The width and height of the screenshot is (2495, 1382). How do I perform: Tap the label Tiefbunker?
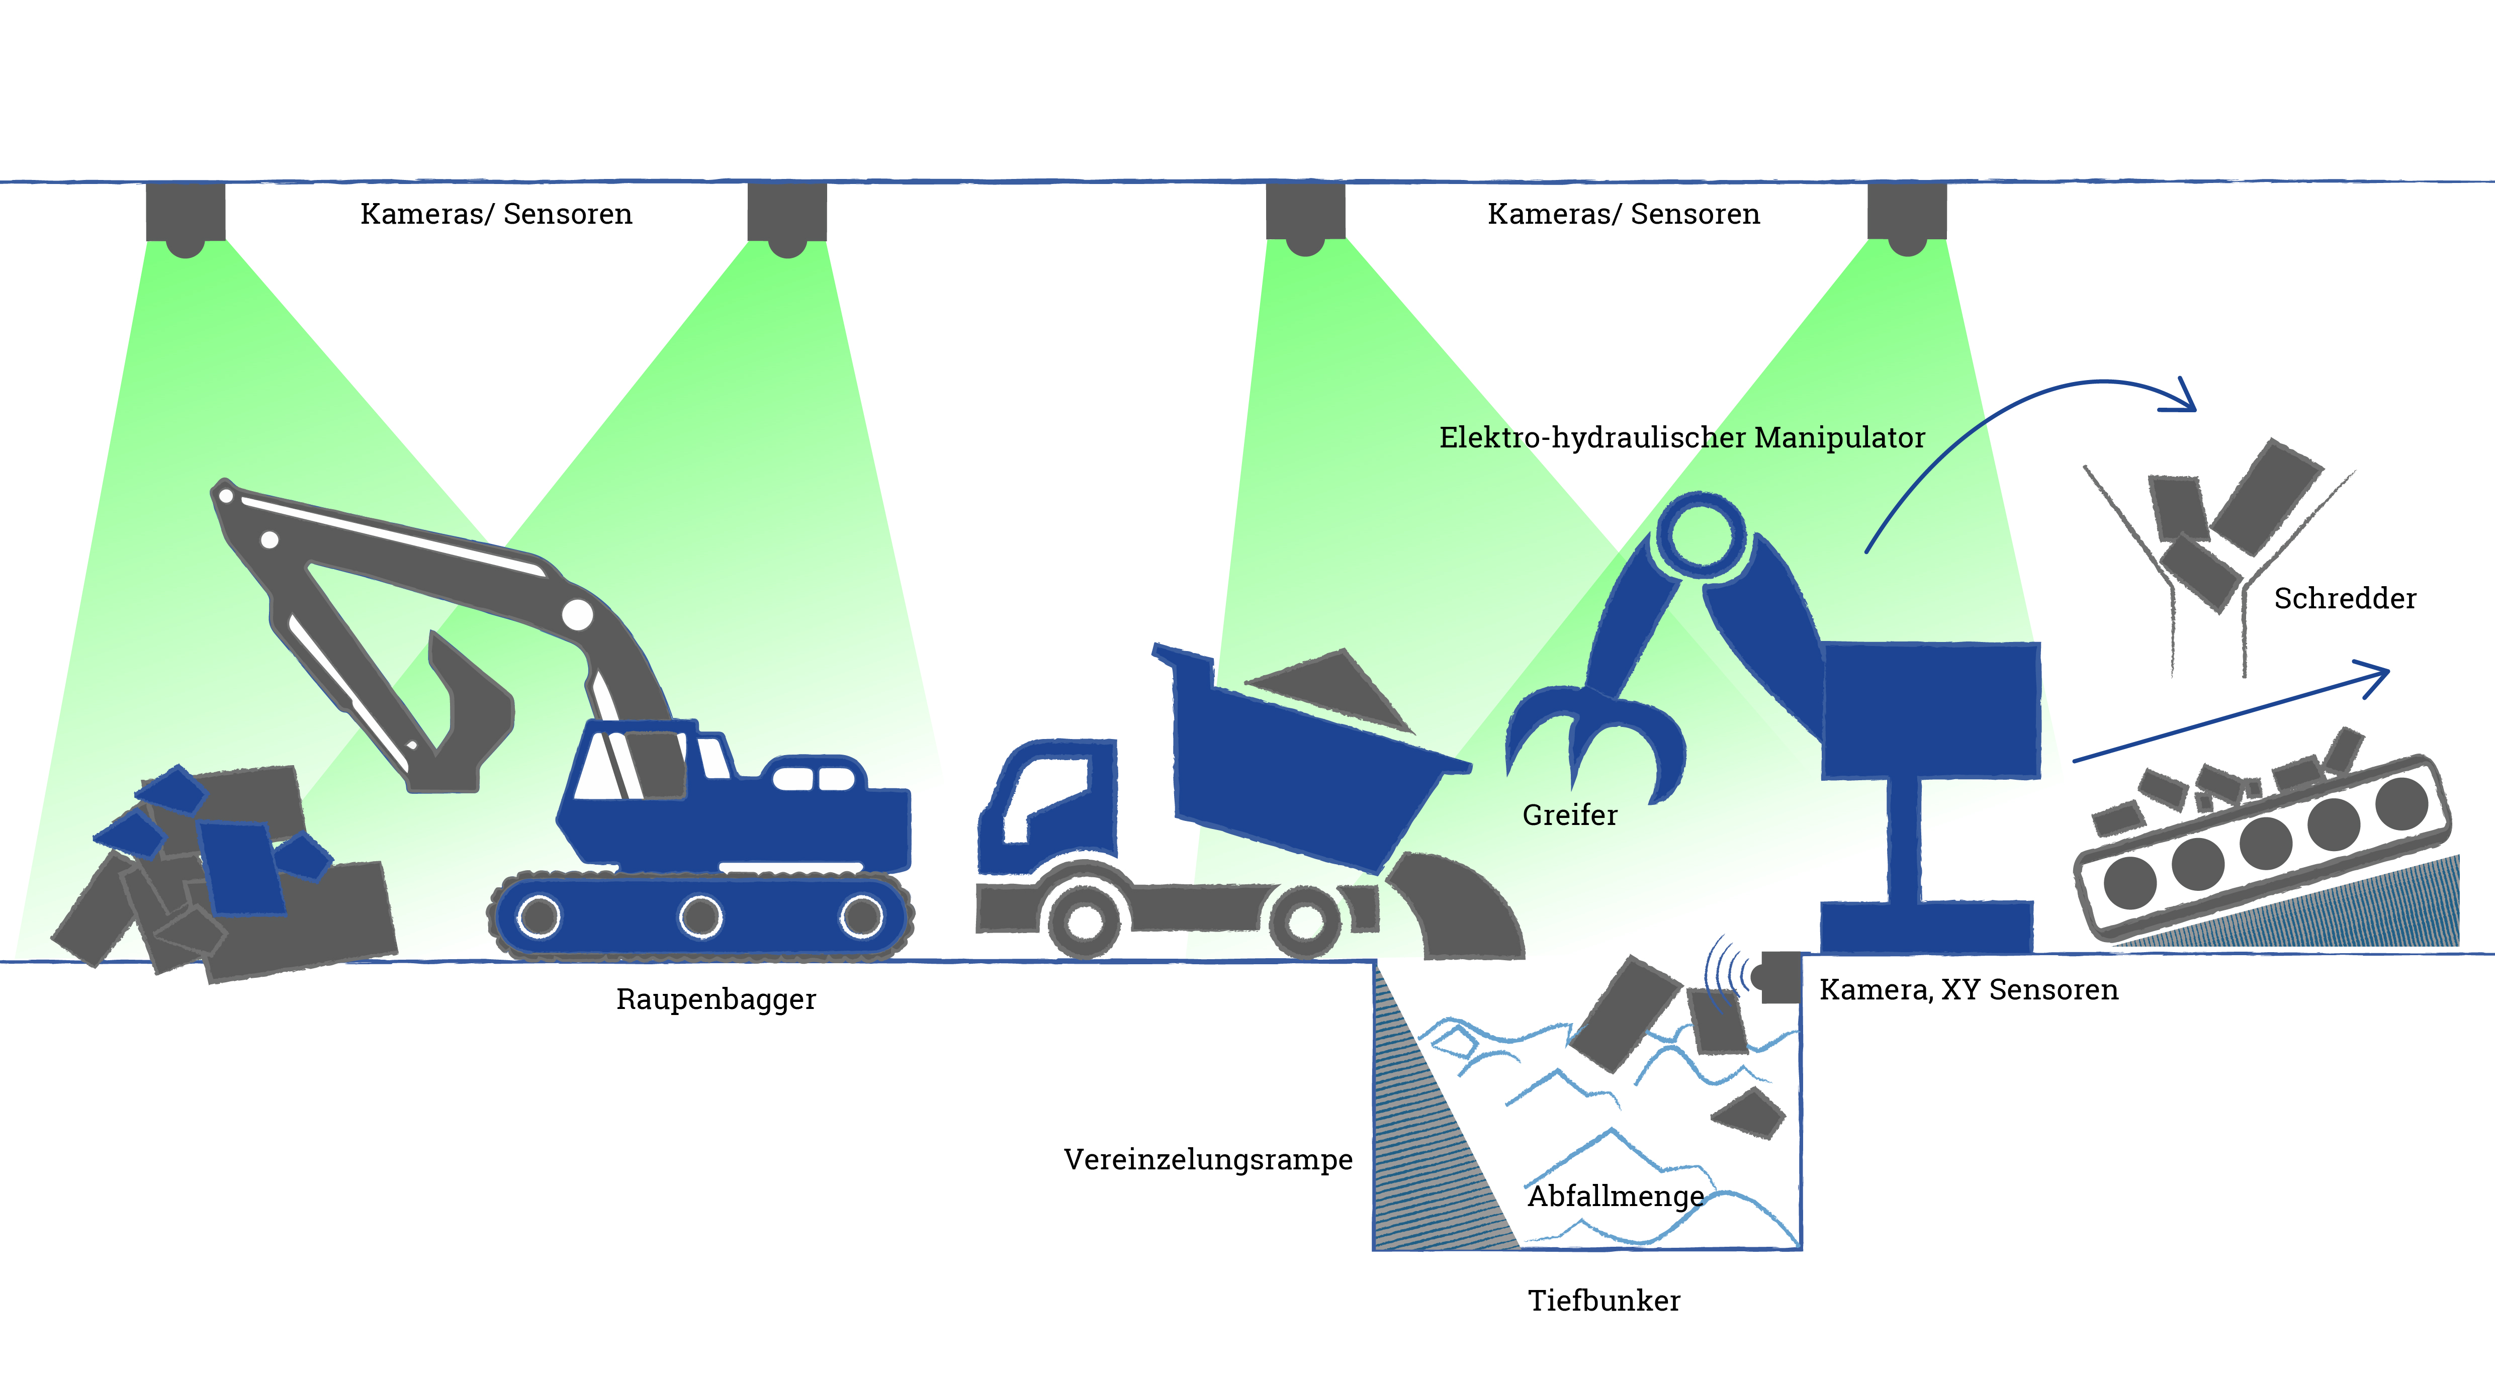(1604, 1301)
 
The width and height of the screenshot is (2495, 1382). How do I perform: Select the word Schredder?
(2344, 599)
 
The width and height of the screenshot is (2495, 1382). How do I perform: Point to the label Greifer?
(1569, 815)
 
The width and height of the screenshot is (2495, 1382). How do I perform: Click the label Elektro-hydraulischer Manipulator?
(1681, 438)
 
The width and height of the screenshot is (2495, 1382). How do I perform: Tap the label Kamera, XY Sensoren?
(1968, 990)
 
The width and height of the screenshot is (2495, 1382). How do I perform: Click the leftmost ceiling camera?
(186, 218)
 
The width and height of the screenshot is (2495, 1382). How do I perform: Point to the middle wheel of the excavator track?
(700, 915)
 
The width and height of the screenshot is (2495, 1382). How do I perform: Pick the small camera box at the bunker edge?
(1780, 976)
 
